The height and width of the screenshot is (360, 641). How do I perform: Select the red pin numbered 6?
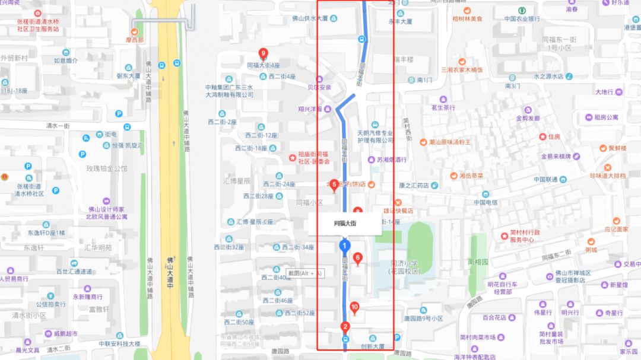pyautogui.click(x=357, y=258)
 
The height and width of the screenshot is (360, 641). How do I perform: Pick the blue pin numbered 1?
pyautogui.click(x=344, y=246)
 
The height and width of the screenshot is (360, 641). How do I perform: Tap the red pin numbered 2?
pyautogui.click(x=345, y=326)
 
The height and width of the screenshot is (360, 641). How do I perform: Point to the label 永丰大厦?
pyautogui.click(x=400, y=21)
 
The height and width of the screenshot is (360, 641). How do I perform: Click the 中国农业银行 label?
pyautogui.click(x=522, y=18)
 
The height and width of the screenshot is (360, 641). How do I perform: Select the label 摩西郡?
pyautogui.click(x=134, y=40)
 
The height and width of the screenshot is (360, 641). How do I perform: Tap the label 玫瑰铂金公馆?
pyautogui.click(x=107, y=168)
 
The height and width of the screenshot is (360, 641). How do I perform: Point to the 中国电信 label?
pyautogui.click(x=485, y=202)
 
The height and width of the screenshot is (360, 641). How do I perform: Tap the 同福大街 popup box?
pyautogui.click(x=344, y=223)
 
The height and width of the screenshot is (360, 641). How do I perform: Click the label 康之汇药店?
pyautogui.click(x=414, y=186)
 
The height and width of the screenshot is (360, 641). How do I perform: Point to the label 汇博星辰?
pyautogui.click(x=236, y=180)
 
